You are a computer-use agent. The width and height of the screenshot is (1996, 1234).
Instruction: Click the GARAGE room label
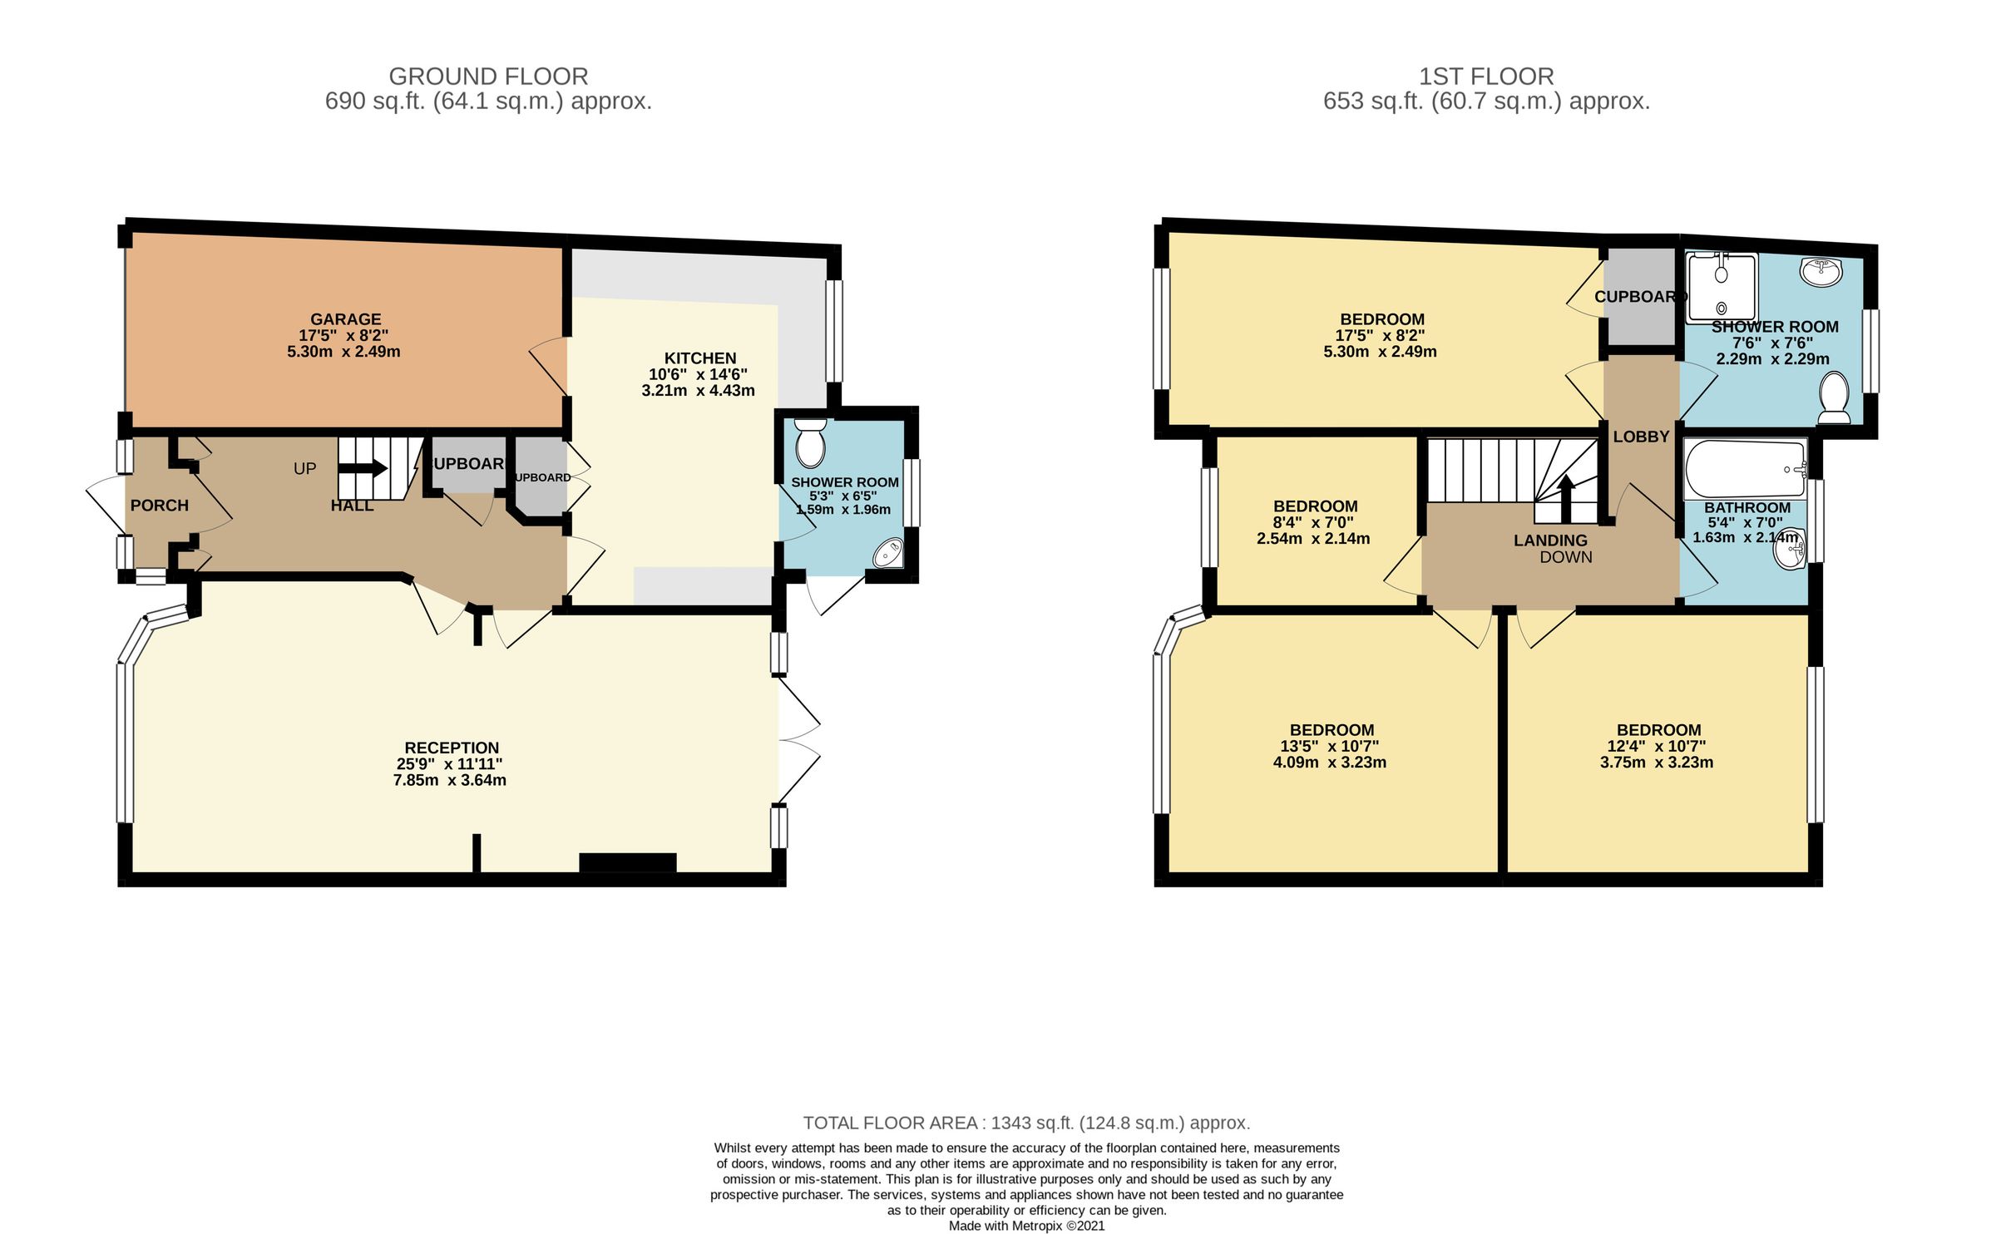pos(345,319)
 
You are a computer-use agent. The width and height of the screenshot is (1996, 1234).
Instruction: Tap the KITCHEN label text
pos(699,358)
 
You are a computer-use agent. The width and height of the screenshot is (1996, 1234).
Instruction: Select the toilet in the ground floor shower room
pos(809,444)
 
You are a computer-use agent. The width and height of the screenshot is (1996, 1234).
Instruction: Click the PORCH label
pos(159,506)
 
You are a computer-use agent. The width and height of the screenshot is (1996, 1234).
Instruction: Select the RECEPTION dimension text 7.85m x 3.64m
pos(449,781)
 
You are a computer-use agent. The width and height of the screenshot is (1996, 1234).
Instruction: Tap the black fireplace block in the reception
pos(627,862)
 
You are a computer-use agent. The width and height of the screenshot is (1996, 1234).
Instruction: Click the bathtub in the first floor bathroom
pos(1744,469)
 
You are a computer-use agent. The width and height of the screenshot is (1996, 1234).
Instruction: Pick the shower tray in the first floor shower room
pos(1722,288)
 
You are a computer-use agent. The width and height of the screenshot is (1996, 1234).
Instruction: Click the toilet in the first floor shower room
pos(1834,397)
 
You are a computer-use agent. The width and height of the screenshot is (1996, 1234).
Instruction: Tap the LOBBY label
pos(1641,437)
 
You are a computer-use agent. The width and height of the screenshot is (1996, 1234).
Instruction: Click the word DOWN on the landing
pos(1565,558)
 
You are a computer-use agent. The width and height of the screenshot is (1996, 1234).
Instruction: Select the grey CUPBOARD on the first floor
pos(1638,297)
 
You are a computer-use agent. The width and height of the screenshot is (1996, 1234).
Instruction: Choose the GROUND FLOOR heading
pos(488,77)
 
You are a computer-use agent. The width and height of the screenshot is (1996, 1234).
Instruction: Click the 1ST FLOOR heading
pos(1485,77)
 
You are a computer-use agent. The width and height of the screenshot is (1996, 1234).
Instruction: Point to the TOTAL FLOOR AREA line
pos(1026,1123)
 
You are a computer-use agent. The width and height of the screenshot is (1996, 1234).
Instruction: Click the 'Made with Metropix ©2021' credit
pos(1026,1226)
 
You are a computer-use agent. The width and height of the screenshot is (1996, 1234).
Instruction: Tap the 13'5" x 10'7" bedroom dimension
pos(1329,747)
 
